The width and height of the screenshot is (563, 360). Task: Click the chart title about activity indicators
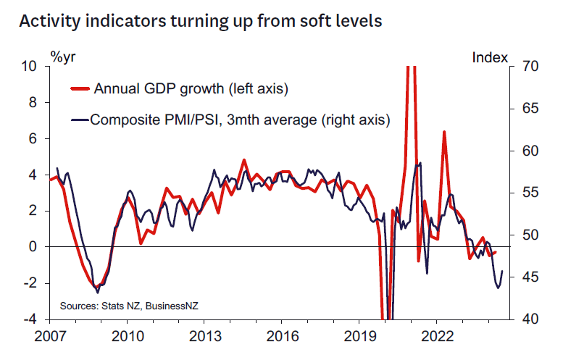(200, 21)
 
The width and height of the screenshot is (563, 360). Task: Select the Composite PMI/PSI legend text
(240, 119)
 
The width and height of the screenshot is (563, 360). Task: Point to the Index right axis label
(490, 56)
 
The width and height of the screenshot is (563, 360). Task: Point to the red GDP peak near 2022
(443, 131)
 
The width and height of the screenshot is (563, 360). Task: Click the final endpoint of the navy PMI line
(503, 271)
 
